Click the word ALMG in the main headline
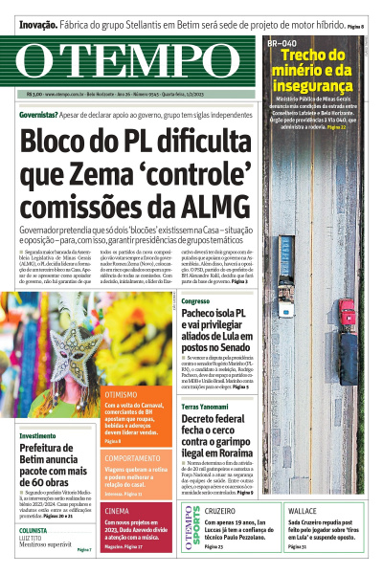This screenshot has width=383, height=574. click(x=216, y=206)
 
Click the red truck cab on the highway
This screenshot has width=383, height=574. click(x=347, y=311)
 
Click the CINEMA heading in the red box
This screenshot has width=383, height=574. click(x=117, y=511)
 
